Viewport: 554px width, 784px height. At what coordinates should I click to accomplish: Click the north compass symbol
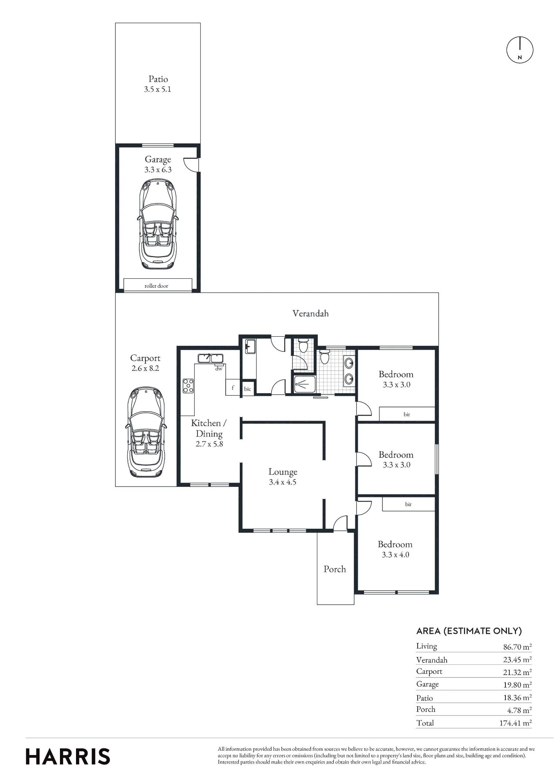click(x=520, y=50)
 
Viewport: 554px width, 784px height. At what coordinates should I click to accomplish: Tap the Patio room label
click(x=158, y=84)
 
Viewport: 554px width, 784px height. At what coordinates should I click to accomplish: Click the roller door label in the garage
click(x=156, y=286)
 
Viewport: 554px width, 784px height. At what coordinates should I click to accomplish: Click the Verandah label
click(x=311, y=313)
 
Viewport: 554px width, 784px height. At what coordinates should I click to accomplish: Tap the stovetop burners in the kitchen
click(x=188, y=385)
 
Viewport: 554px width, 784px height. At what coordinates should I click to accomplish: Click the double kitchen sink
click(x=210, y=358)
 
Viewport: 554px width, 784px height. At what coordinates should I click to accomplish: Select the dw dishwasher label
click(x=219, y=368)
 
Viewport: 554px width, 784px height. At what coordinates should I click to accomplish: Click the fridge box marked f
click(x=233, y=388)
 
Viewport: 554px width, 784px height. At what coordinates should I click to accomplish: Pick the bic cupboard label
click(x=248, y=389)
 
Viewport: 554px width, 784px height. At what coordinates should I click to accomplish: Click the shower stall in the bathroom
click(x=305, y=384)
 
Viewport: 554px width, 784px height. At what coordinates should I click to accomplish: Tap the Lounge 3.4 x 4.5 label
click(x=282, y=477)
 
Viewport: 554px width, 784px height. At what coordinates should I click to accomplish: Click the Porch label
click(x=335, y=569)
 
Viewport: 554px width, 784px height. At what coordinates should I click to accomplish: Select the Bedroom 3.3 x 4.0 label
click(x=395, y=549)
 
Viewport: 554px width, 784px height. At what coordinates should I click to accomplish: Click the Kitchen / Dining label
click(x=209, y=433)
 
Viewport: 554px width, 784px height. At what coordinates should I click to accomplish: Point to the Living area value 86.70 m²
click(x=517, y=647)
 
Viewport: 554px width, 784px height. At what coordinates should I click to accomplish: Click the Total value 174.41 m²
click(x=515, y=723)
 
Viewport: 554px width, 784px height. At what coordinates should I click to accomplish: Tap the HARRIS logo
click(x=68, y=757)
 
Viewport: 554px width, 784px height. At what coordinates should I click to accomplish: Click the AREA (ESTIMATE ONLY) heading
click(x=469, y=631)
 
